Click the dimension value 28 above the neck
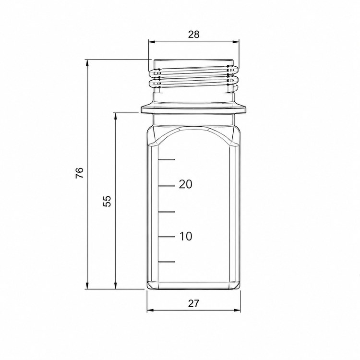coord(194,35)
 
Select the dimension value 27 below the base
coord(194,303)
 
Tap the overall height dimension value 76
coord(80,173)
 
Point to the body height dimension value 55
coord(107,201)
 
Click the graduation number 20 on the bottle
coord(185,184)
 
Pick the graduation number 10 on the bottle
coord(186,236)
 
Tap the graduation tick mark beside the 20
coord(167,186)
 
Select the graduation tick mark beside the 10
coord(167,237)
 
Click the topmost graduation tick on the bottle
coord(167,159)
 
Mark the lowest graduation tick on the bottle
coord(167,262)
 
